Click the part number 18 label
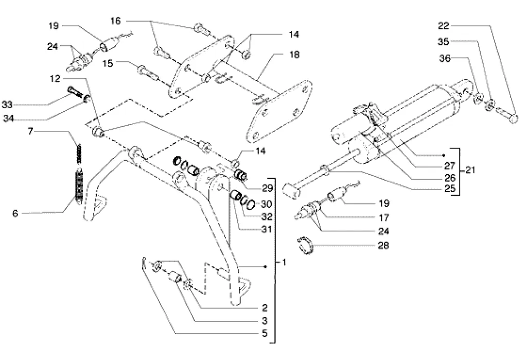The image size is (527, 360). [x=294, y=54]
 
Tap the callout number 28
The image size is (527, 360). [x=383, y=246]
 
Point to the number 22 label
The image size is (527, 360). [x=444, y=25]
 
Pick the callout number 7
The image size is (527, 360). [x=30, y=132]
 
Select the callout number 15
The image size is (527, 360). [x=121, y=63]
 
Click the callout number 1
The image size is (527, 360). [x=283, y=262]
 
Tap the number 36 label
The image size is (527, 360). [x=444, y=59]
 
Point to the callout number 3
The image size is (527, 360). [x=265, y=320]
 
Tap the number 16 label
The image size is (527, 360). [x=116, y=21]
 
